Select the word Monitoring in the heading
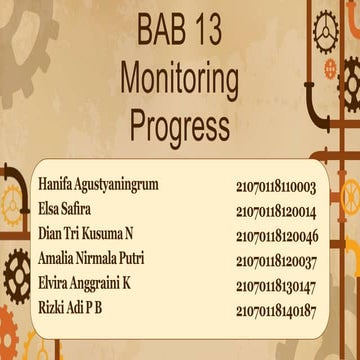[180, 78]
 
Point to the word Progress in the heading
[180, 125]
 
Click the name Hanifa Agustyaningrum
[99, 186]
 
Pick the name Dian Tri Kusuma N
[86, 235]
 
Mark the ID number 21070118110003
[277, 187]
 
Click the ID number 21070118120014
[277, 211]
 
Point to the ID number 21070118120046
[277, 236]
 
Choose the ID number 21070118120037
[277, 260]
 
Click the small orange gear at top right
[331, 67]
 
